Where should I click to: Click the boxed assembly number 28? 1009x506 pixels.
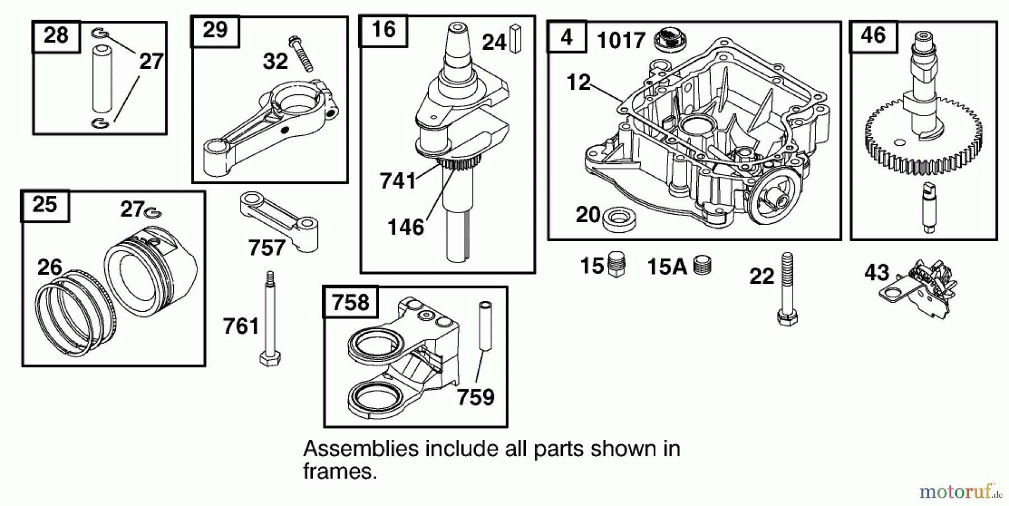pos(55,35)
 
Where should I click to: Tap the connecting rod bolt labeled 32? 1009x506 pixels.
pos(301,54)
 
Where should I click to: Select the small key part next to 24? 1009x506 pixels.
pos(515,39)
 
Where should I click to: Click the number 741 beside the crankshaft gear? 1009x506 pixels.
pos(397,181)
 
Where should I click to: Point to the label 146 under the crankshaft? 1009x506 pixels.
pos(406,227)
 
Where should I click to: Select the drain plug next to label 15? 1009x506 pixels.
pos(616,265)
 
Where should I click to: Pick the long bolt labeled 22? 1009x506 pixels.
pos(786,289)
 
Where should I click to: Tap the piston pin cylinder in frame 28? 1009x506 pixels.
pos(102,80)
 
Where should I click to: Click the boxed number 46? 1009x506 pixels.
pos(873,35)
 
